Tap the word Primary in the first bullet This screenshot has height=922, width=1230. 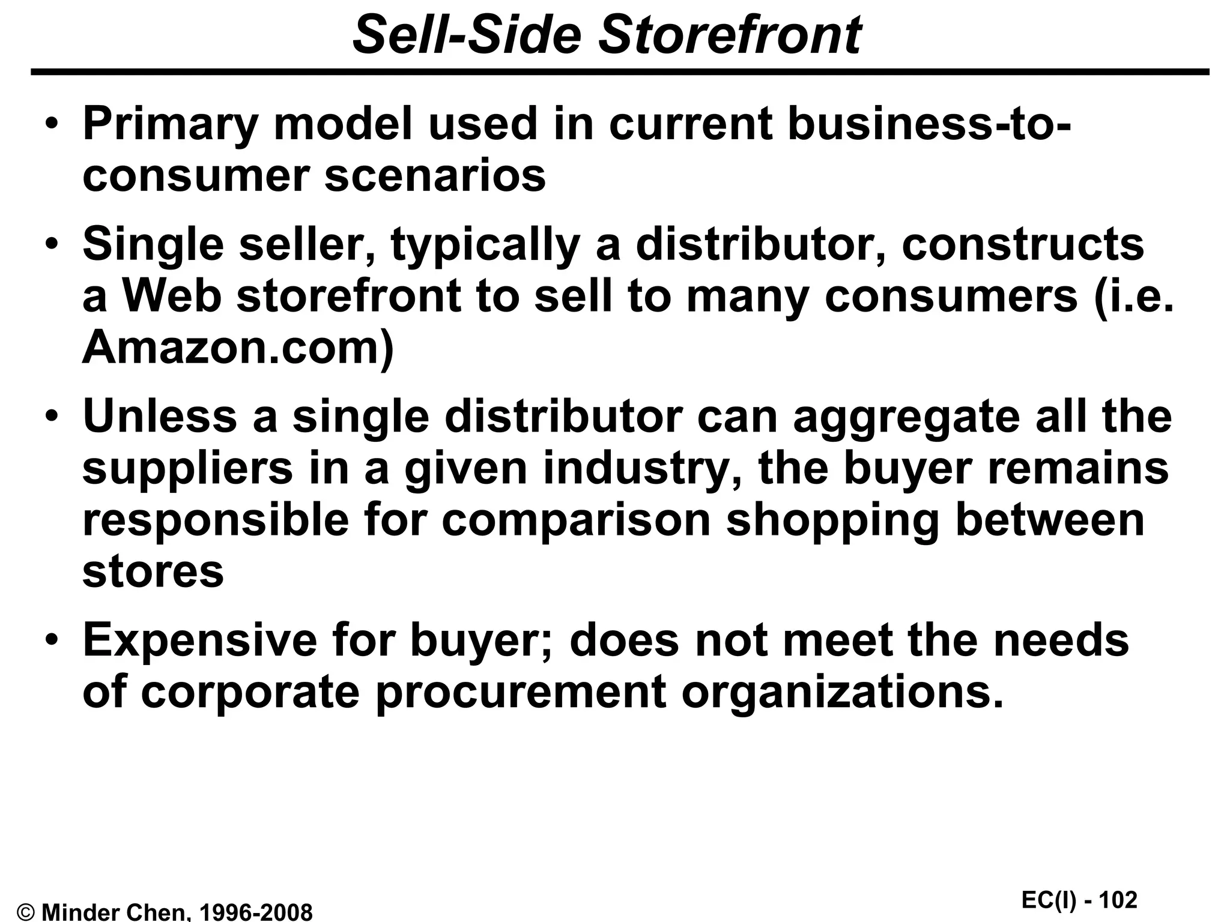(x=170, y=125)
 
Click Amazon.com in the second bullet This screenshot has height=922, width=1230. (x=238, y=348)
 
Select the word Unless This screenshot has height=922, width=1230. (x=160, y=416)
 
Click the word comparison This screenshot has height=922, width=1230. (x=577, y=520)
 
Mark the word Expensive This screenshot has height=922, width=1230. (x=200, y=640)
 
